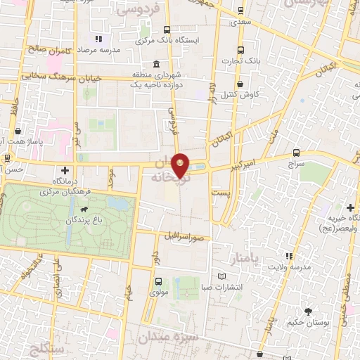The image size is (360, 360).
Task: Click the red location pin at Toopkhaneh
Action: (x=181, y=165)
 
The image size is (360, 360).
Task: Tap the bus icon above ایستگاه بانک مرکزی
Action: (x=167, y=30)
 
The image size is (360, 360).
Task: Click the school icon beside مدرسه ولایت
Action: (x=288, y=257)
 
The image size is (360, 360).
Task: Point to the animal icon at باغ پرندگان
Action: (x=84, y=209)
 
